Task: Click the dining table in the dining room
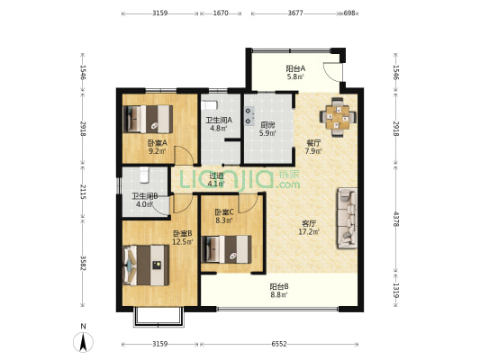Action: point(338,117)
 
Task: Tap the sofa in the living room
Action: point(347,219)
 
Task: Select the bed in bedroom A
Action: point(148,119)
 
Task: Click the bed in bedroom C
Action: point(227,249)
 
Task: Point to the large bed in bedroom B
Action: point(146,265)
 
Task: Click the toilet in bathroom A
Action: point(210,105)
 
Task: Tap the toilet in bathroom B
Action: point(144,175)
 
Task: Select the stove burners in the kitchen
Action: point(249,115)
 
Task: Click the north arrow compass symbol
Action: point(83,342)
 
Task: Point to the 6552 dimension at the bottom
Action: point(279,344)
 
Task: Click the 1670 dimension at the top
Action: point(221,13)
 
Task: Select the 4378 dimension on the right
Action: point(396,219)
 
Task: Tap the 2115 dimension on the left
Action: point(83,192)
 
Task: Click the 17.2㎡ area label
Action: point(309,232)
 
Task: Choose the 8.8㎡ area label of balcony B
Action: point(278,295)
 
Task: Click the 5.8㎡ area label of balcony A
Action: point(295,76)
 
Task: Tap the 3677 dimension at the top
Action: point(295,13)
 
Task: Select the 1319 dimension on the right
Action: point(396,291)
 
